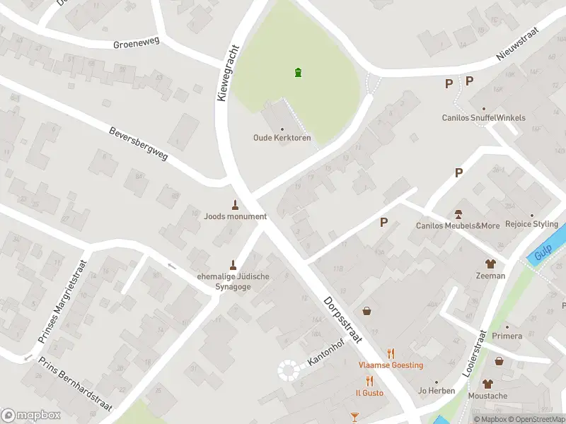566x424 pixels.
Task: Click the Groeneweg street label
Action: click(136, 45)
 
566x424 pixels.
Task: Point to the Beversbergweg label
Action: click(139, 144)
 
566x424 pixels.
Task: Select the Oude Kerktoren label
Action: click(282, 138)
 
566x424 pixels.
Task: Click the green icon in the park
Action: click(298, 72)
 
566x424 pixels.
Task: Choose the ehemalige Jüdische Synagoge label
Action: click(233, 282)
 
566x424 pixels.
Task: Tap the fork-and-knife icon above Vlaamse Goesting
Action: click(390, 353)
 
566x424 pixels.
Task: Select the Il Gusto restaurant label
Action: click(369, 392)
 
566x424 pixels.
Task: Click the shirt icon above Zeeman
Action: click(490, 264)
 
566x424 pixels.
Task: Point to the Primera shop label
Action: click(507, 336)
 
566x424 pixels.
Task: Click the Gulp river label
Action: click(543, 252)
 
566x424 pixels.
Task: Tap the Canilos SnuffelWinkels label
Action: click(483, 117)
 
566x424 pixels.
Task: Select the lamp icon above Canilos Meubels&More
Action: click(458, 214)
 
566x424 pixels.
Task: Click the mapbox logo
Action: click(30, 416)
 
